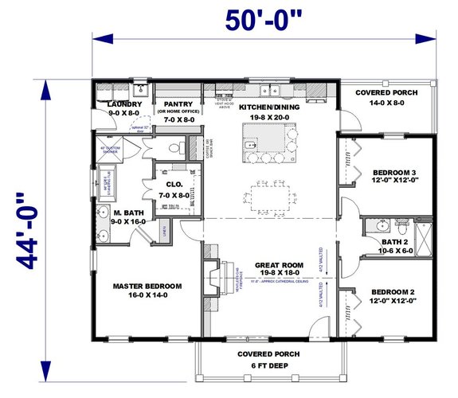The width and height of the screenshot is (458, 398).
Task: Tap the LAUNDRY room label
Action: tap(124, 104)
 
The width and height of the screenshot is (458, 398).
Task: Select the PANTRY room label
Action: tap(180, 104)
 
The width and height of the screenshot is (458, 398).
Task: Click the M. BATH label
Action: tap(127, 213)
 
